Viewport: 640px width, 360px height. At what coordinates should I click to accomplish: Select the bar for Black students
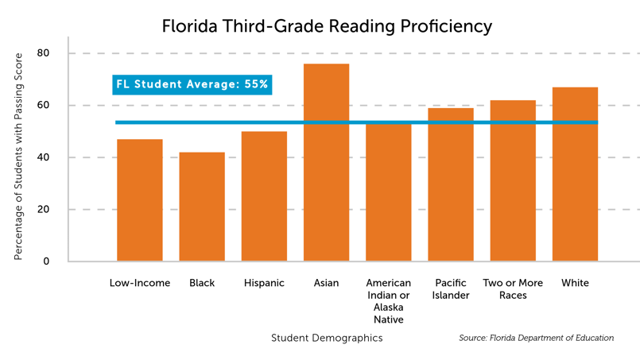pyautogui.click(x=202, y=207)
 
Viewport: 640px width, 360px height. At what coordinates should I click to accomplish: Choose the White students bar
pyautogui.click(x=575, y=175)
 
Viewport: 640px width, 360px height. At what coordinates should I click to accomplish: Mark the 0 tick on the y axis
pyautogui.click(x=46, y=261)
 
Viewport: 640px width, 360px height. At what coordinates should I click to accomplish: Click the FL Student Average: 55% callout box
pyautogui.click(x=192, y=84)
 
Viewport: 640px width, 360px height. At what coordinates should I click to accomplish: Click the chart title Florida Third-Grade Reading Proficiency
pyautogui.click(x=327, y=26)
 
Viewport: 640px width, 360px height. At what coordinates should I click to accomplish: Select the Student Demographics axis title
pyautogui.click(x=327, y=338)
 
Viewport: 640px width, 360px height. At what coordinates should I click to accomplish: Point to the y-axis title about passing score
pyautogui.click(x=18, y=157)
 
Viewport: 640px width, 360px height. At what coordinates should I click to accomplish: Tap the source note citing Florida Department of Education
pyautogui.click(x=536, y=338)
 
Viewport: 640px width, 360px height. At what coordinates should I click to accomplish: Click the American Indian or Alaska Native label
pyautogui.click(x=389, y=300)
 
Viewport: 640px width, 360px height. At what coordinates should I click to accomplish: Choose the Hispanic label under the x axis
pyautogui.click(x=264, y=283)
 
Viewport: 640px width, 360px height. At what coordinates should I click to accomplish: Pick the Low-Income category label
pyautogui.click(x=140, y=283)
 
